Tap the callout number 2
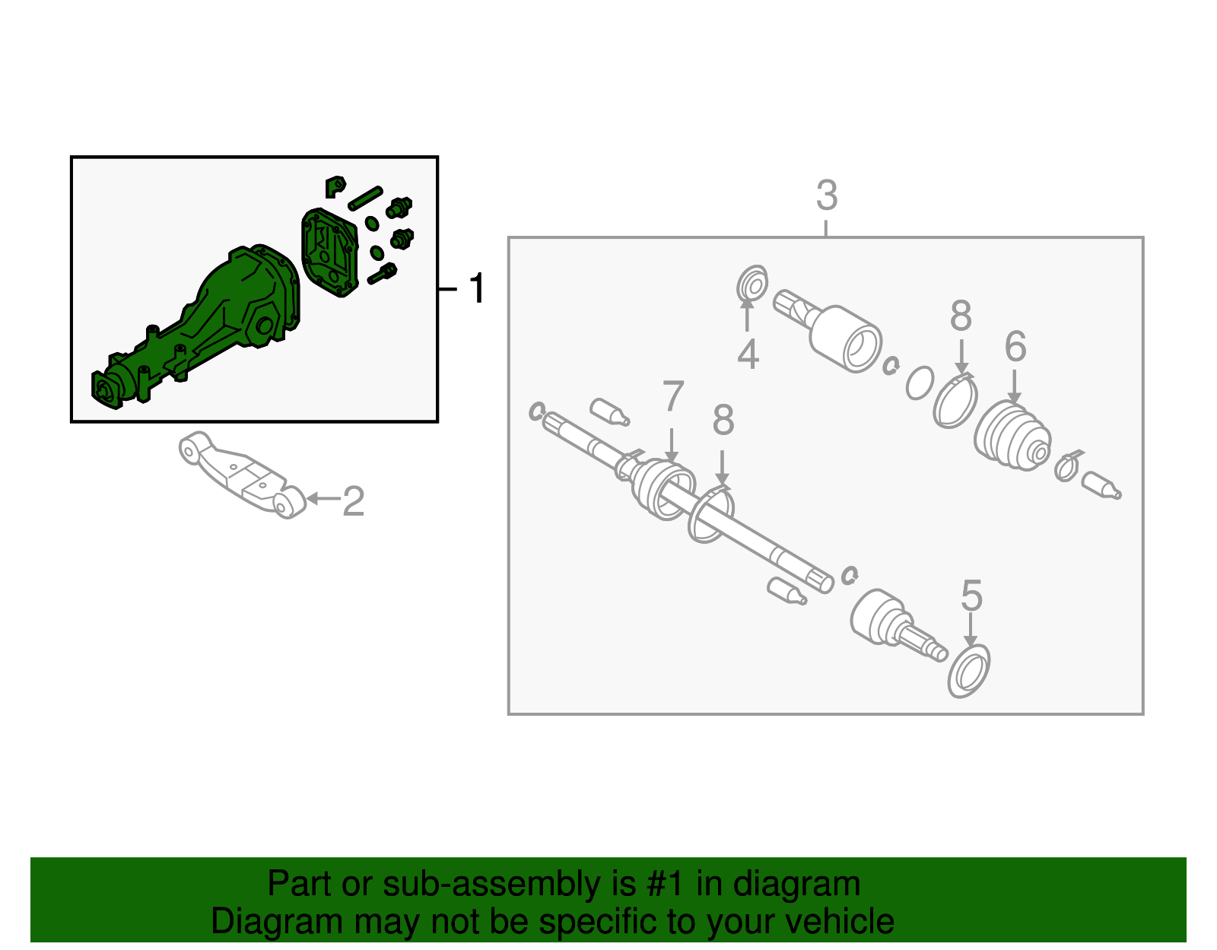click(354, 501)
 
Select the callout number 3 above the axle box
click(827, 195)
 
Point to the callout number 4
click(748, 354)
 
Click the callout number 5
click(971, 595)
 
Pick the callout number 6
click(1015, 346)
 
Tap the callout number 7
click(672, 396)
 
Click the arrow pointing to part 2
click(323, 498)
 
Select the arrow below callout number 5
click(971, 630)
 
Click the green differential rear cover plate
click(330, 252)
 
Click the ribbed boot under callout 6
click(1012, 436)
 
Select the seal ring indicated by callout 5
click(968, 672)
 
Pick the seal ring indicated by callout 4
click(751, 284)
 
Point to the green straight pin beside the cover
click(365, 199)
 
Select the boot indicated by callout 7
click(663, 489)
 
